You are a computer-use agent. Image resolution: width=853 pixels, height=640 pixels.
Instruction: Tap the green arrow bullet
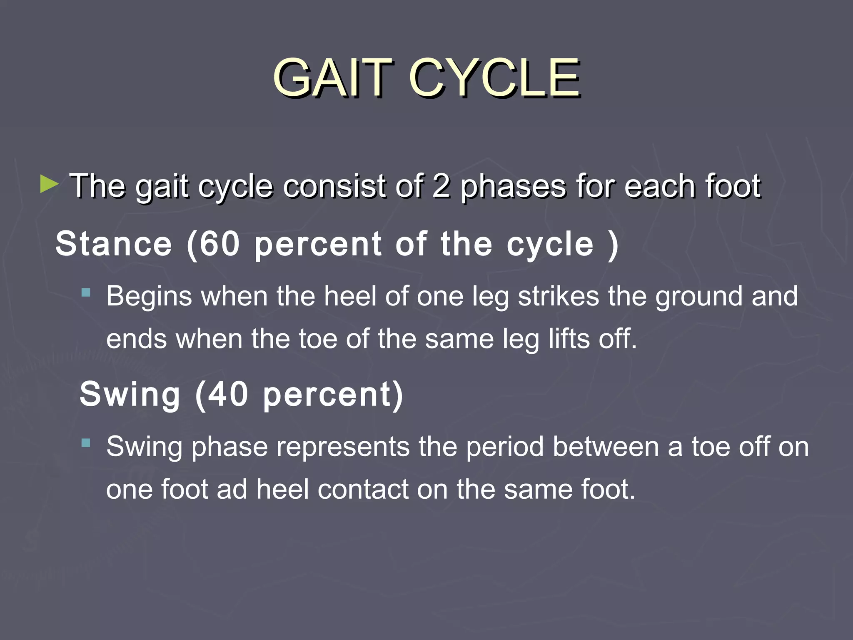click(x=49, y=184)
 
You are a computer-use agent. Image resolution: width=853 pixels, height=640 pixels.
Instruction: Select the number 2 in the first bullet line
click(x=441, y=186)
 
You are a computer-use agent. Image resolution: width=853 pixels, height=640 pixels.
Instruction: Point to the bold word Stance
click(x=114, y=244)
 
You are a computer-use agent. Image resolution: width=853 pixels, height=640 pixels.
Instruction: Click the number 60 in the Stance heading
click(x=219, y=244)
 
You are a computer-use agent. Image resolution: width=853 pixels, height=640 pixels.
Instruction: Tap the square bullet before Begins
click(x=86, y=292)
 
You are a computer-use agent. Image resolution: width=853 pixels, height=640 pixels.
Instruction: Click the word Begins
click(x=149, y=297)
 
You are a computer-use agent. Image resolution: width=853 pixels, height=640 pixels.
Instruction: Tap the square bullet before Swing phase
click(x=86, y=442)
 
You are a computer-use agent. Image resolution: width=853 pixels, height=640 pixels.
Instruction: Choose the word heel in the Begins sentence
click(x=350, y=296)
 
